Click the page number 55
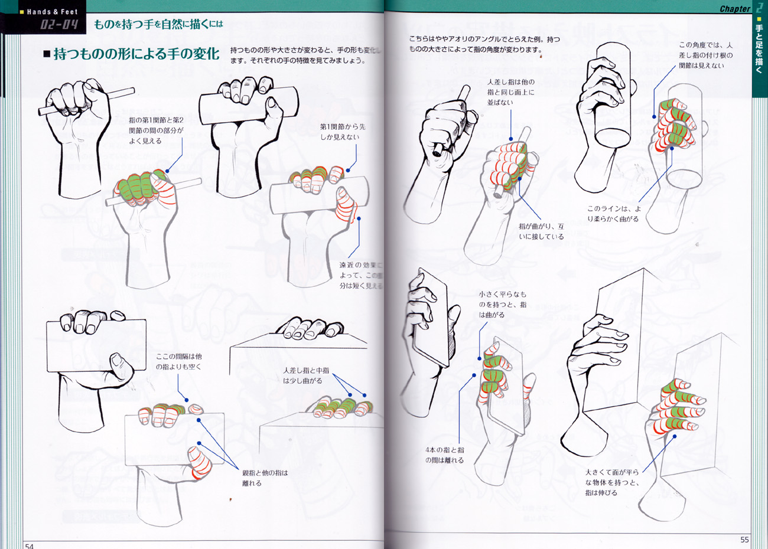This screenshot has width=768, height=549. (744, 540)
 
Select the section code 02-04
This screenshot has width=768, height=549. (58, 24)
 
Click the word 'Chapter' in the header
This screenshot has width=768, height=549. (734, 8)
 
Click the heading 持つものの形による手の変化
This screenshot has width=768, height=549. (136, 54)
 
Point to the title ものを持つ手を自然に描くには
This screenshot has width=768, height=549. (158, 24)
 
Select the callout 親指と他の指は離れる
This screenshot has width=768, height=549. (265, 478)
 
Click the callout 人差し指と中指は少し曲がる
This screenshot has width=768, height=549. (305, 375)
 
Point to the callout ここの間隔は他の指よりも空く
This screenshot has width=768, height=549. (178, 361)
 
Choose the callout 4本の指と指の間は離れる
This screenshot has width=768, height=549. (444, 455)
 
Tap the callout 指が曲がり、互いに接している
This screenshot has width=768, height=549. (541, 231)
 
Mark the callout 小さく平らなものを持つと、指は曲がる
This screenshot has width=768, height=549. (502, 304)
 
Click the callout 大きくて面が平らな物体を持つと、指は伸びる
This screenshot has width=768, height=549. (611, 482)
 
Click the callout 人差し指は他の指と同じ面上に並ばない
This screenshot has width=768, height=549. (510, 92)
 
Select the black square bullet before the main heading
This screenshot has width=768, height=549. (47, 54)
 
